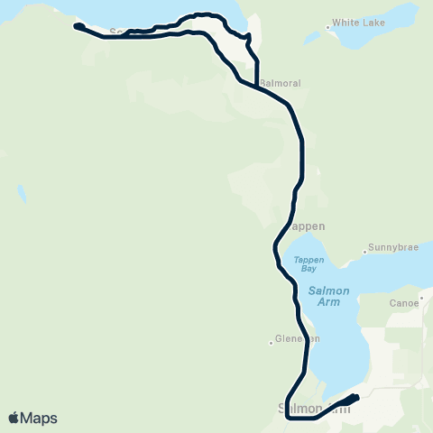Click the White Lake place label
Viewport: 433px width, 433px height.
point(357,23)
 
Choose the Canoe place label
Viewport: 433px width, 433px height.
point(403,303)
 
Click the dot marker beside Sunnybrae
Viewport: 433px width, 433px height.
point(364,250)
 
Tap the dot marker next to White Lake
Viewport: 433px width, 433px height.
point(333,23)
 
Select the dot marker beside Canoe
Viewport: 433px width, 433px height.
point(421,303)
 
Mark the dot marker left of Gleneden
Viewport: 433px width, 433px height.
point(271,341)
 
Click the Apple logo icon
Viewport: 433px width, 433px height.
point(14,418)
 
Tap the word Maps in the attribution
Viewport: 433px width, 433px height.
point(39,418)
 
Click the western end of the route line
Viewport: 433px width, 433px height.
point(76,26)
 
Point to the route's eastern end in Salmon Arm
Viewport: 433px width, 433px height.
point(356,397)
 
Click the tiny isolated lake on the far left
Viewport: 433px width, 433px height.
point(20,193)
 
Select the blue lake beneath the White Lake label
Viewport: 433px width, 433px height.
point(320,36)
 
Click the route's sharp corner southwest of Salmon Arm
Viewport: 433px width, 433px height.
point(286,418)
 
